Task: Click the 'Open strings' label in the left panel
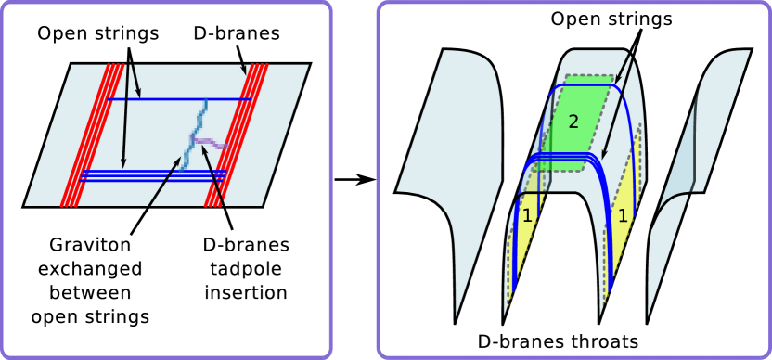pyautogui.click(x=98, y=33)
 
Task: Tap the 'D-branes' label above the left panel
pyautogui.click(x=238, y=33)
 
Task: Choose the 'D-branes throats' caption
pyautogui.click(x=571, y=341)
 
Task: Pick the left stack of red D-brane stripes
pyautogui.click(x=93, y=135)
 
